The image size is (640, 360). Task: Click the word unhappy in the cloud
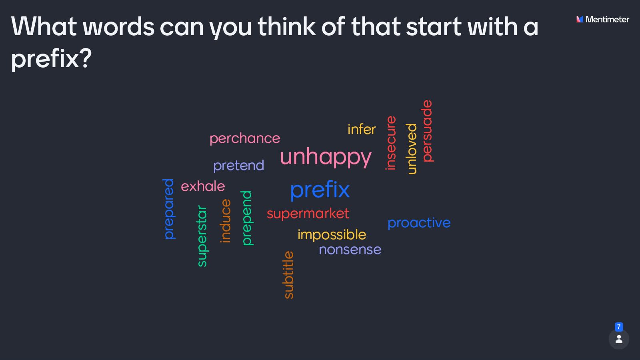(x=326, y=157)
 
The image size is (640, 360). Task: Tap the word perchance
(x=245, y=138)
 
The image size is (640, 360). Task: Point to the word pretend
(x=238, y=165)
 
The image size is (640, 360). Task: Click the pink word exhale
(x=203, y=186)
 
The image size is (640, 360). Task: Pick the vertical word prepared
(x=169, y=209)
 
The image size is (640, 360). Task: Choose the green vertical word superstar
(x=202, y=236)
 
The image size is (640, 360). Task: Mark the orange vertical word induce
(x=226, y=221)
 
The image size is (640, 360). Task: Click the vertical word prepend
(x=247, y=218)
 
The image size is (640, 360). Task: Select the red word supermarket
(x=308, y=213)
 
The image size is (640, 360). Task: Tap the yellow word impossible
(x=332, y=234)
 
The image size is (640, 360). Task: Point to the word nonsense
(x=350, y=250)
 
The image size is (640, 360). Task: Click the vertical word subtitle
(x=288, y=275)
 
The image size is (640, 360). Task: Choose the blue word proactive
(x=419, y=223)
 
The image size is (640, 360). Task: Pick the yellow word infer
(x=362, y=129)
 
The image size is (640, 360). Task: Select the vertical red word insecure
(x=390, y=143)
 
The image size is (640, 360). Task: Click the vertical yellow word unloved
(x=411, y=149)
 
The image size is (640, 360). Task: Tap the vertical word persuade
(x=427, y=131)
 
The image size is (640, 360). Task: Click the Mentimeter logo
(x=602, y=19)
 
